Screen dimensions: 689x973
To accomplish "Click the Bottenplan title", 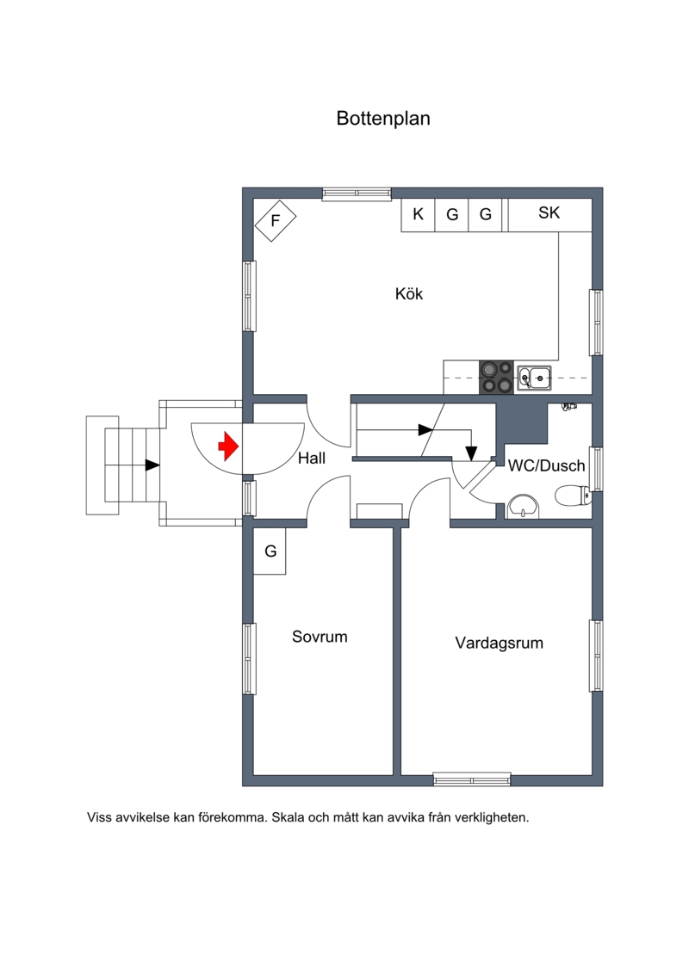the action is point(382,118).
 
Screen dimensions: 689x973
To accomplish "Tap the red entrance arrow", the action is point(228,446).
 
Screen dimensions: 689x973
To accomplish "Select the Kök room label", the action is point(409,293).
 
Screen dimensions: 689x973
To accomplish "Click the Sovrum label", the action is point(320,637).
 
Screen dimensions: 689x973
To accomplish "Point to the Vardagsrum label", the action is point(499,643).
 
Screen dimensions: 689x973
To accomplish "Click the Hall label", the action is point(312,458).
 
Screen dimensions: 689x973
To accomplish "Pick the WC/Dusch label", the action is point(547,465).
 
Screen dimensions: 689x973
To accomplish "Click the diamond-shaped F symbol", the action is point(276,220).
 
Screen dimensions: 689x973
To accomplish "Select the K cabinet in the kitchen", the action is point(418,215).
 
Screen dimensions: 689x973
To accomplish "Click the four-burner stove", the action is point(496,378).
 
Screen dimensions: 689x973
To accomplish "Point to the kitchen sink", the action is point(535,378).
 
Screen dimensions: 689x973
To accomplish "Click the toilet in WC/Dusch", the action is point(572,496).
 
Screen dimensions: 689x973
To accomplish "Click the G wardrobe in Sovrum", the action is point(270,551).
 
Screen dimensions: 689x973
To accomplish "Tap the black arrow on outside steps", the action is point(152,465).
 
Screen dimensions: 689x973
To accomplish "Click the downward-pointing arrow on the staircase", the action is point(472,453).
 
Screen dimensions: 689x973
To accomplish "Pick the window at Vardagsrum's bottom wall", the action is point(472,779).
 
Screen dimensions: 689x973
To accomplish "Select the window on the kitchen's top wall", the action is point(357,194).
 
